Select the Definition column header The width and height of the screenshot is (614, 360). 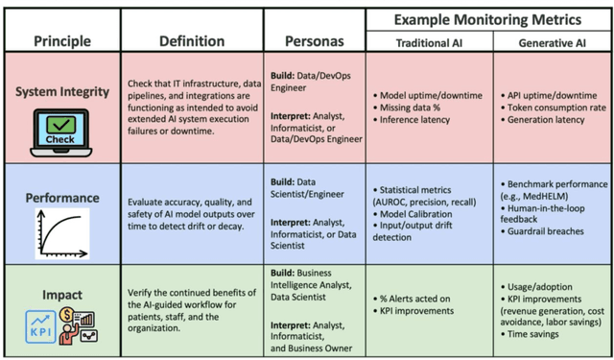point(192,40)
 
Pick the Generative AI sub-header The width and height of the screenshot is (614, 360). point(553,43)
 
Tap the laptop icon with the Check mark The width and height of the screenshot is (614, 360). point(59,132)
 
